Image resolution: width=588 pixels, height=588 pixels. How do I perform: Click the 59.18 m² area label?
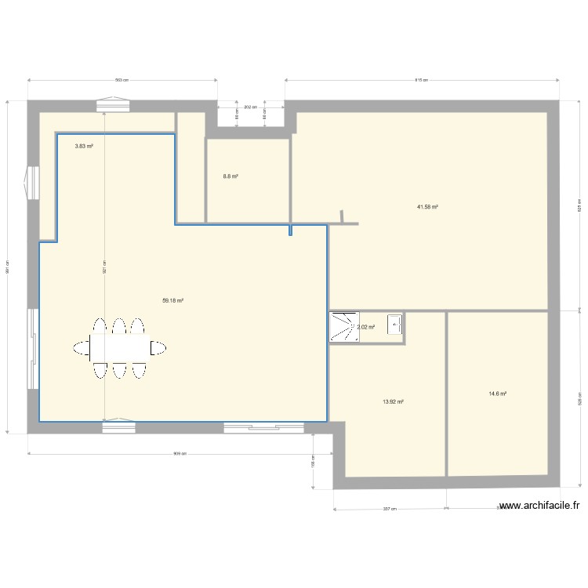pos(172,300)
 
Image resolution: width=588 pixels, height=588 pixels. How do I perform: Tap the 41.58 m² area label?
pos(427,207)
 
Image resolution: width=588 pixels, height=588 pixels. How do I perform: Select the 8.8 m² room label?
pos(230,176)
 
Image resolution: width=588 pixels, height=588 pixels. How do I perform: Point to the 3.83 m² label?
pos(84,146)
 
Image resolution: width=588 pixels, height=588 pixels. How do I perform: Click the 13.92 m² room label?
pos(393,401)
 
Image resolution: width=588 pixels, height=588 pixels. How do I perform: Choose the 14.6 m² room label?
pos(498,394)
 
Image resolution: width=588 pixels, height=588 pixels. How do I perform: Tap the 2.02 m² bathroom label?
pos(367,327)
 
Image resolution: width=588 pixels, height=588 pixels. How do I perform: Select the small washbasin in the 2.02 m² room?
pos(395,325)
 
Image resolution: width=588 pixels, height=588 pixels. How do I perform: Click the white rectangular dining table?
pos(118,347)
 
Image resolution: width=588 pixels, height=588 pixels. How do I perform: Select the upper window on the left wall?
pos(32,183)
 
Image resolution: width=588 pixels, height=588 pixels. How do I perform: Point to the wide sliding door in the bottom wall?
pos(263,427)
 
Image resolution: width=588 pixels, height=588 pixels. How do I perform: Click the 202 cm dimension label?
pos(250,107)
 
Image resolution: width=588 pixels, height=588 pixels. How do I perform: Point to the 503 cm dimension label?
pos(122,80)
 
